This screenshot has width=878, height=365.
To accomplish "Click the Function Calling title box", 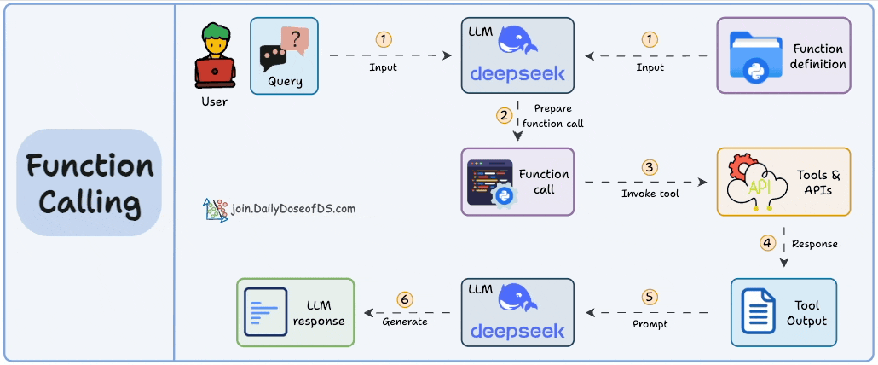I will tap(89, 182).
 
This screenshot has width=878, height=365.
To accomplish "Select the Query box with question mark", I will tap(284, 55).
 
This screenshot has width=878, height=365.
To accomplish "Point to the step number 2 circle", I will tap(505, 114).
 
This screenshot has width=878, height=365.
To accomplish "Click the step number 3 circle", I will tap(650, 167).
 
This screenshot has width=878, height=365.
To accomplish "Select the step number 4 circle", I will tap(768, 243).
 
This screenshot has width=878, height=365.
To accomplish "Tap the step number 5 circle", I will tap(650, 298).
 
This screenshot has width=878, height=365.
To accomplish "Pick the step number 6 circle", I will tap(405, 299).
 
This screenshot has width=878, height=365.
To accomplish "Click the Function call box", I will tap(518, 181).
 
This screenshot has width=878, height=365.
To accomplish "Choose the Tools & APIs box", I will tap(783, 182).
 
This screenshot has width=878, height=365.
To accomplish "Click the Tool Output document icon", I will tap(758, 312).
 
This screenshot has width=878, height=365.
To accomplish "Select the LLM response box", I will tap(295, 312).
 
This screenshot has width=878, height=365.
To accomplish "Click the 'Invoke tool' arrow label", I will tap(650, 194).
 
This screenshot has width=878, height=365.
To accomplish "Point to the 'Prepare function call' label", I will tap(553, 116).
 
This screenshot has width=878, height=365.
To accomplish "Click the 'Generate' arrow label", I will tap(404, 322).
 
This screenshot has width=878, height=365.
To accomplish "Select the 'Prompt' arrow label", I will tap(650, 323).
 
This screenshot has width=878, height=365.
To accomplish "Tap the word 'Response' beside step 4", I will tap(815, 244).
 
